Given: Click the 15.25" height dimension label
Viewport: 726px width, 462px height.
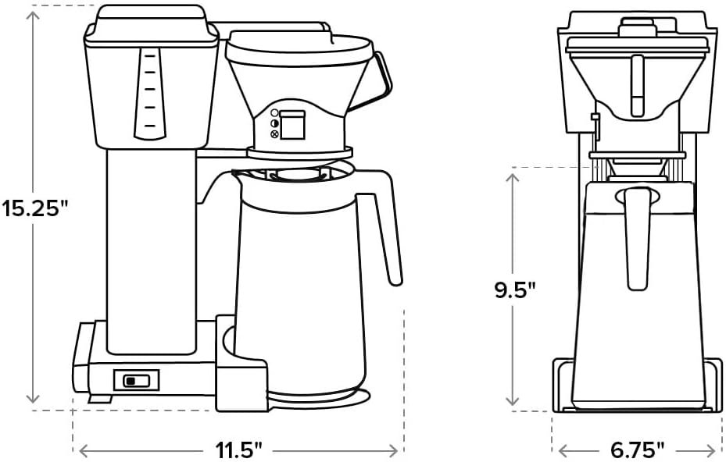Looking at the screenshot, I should [x=35, y=209].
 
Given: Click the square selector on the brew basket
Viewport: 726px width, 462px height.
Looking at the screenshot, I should [x=291, y=124].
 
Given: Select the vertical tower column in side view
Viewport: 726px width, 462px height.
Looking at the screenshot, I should [x=151, y=250].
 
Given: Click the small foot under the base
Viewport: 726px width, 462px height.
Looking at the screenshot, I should [x=99, y=399].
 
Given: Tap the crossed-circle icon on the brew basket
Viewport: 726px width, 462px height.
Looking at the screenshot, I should [x=274, y=134].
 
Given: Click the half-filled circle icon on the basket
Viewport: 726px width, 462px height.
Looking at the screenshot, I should [x=274, y=123].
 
